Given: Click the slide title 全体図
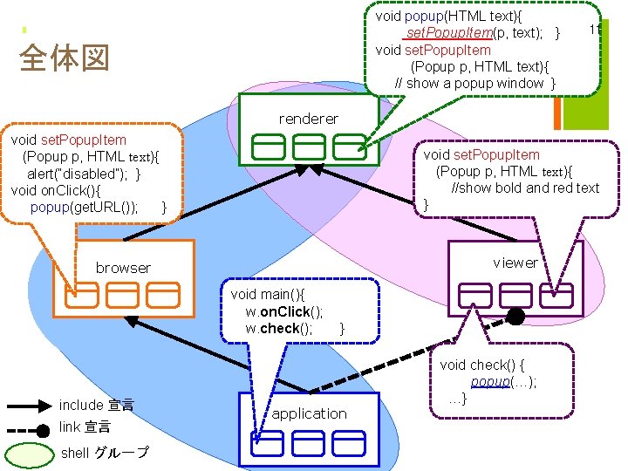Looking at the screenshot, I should (64, 59).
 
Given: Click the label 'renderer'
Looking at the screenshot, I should (308, 118).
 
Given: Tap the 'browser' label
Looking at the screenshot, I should (123, 268).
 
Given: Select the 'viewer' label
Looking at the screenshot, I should (515, 262).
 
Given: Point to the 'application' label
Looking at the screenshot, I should (309, 413).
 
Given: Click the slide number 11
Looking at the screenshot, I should (596, 30).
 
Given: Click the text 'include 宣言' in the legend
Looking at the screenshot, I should (96, 406).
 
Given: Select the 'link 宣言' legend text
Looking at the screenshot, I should (85, 427).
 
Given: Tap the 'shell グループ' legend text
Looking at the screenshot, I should (104, 453).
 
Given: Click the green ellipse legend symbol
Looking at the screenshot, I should (29, 454).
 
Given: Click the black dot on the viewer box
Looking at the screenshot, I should (515, 317).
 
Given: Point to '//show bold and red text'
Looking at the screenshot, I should (525, 188).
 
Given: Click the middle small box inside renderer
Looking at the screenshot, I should (308, 147).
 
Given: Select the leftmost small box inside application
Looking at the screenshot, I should (268, 444).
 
